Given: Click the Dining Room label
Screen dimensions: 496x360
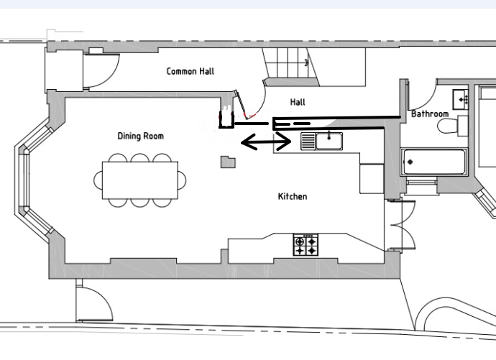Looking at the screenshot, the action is pos(141,136).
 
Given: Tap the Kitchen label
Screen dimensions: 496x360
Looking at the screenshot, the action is pos(293,196).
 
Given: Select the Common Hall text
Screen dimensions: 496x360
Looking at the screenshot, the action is pos(190,71).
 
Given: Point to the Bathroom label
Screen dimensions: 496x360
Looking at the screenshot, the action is pos(430,114).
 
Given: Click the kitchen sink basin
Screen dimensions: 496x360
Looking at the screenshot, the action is pos(329,141).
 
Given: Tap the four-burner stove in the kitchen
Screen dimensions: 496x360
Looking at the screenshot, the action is pos(306,244).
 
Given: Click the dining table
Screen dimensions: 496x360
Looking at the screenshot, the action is pos(140,180).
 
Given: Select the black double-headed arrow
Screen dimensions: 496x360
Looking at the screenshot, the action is pos(266,142).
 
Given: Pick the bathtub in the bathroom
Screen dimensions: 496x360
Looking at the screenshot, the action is pos(434,162).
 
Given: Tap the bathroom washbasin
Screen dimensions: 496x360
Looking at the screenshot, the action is pos(460,100).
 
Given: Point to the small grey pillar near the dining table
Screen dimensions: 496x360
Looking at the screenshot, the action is pos(228,162).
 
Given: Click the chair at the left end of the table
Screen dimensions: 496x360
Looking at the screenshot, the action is pos(98,180).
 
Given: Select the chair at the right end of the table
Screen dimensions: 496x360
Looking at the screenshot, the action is pos(182,180).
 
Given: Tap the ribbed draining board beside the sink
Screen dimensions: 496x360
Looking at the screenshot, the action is pos(308,141).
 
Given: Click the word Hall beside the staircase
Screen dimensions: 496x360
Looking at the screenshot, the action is pos(298,102).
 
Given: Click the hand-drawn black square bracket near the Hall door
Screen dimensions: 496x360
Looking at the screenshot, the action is pos(226,119).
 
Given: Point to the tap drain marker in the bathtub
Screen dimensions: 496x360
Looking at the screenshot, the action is pos(410,162).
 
